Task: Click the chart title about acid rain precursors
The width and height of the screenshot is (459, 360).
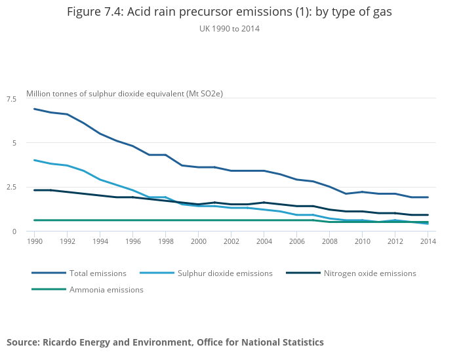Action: (229, 12)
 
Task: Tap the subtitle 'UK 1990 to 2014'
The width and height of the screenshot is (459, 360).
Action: (229, 29)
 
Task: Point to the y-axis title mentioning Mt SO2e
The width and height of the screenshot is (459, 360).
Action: (125, 94)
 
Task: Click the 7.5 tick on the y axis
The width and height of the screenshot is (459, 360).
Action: (12, 98)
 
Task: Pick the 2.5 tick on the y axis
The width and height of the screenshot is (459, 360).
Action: (12, 187)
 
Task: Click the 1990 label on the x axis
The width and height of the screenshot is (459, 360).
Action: (34, 241)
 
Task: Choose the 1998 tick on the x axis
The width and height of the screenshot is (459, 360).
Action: (165, 241)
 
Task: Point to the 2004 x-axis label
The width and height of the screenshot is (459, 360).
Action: (264, 241)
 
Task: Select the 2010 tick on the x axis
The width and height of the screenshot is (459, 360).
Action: (362, 241)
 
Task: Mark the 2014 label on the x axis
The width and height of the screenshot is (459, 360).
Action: (428, 241)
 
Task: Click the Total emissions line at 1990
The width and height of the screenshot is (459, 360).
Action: (34, 109)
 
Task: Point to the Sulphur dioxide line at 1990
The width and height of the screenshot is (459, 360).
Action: (34, 160)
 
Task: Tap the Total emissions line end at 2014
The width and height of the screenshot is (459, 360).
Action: (428, 197)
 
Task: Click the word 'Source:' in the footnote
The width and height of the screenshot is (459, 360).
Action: (22, 342)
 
